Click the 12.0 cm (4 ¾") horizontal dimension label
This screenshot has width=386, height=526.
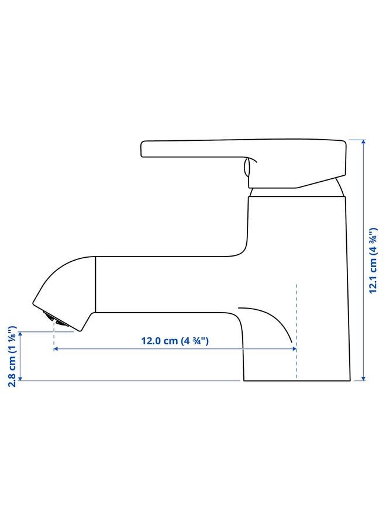(174, 341)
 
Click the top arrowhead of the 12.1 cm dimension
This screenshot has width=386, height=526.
(363, 141)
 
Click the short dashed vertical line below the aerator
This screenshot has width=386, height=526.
(54, 336)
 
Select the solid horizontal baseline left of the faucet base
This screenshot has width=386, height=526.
(129, 381)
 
